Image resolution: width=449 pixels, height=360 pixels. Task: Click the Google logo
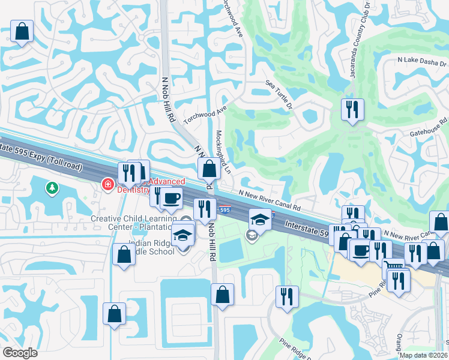[x=20, y=353]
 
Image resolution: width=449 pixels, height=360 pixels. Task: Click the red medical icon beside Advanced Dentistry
[x=108, y=183]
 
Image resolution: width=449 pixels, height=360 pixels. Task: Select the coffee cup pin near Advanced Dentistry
[x=172, y=197]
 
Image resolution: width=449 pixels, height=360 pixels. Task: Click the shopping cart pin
[x=393, y=268]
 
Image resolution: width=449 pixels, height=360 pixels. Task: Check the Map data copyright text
[x=423, y=355]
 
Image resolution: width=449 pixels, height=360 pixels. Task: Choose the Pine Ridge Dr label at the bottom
[x=295, y=348]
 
